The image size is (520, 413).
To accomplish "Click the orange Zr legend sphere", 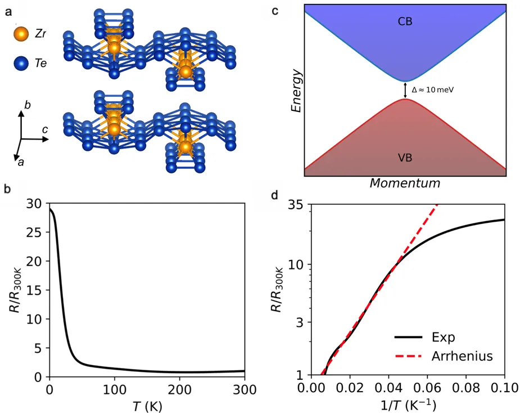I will [21, 34].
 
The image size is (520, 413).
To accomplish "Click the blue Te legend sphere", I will [21, 63].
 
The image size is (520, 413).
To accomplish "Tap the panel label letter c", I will [290, 10].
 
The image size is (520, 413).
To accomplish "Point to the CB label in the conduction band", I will [405, 22].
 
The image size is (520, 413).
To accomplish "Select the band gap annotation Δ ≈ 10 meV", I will [433, 90].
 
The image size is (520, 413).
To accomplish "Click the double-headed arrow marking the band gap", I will [406, 90].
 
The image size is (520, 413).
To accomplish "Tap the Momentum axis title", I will [405, 183].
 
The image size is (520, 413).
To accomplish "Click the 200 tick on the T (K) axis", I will [179, 389].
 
